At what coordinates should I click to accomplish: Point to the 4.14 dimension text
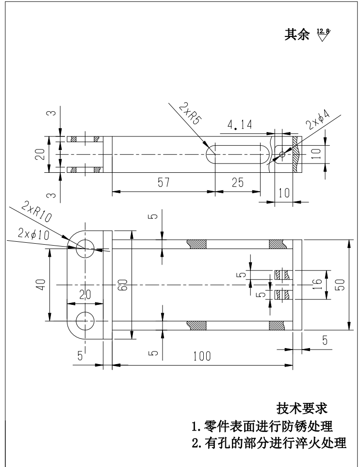(x=240, y=125)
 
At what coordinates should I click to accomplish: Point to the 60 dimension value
(x=124, y=287)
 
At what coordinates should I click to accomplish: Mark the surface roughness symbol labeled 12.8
(x=323, y=34)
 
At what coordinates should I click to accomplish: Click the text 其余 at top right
(x=297, y=35)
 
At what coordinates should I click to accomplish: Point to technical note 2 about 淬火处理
(x=269, y=444)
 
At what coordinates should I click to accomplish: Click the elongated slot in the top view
(x=238, y=153)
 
